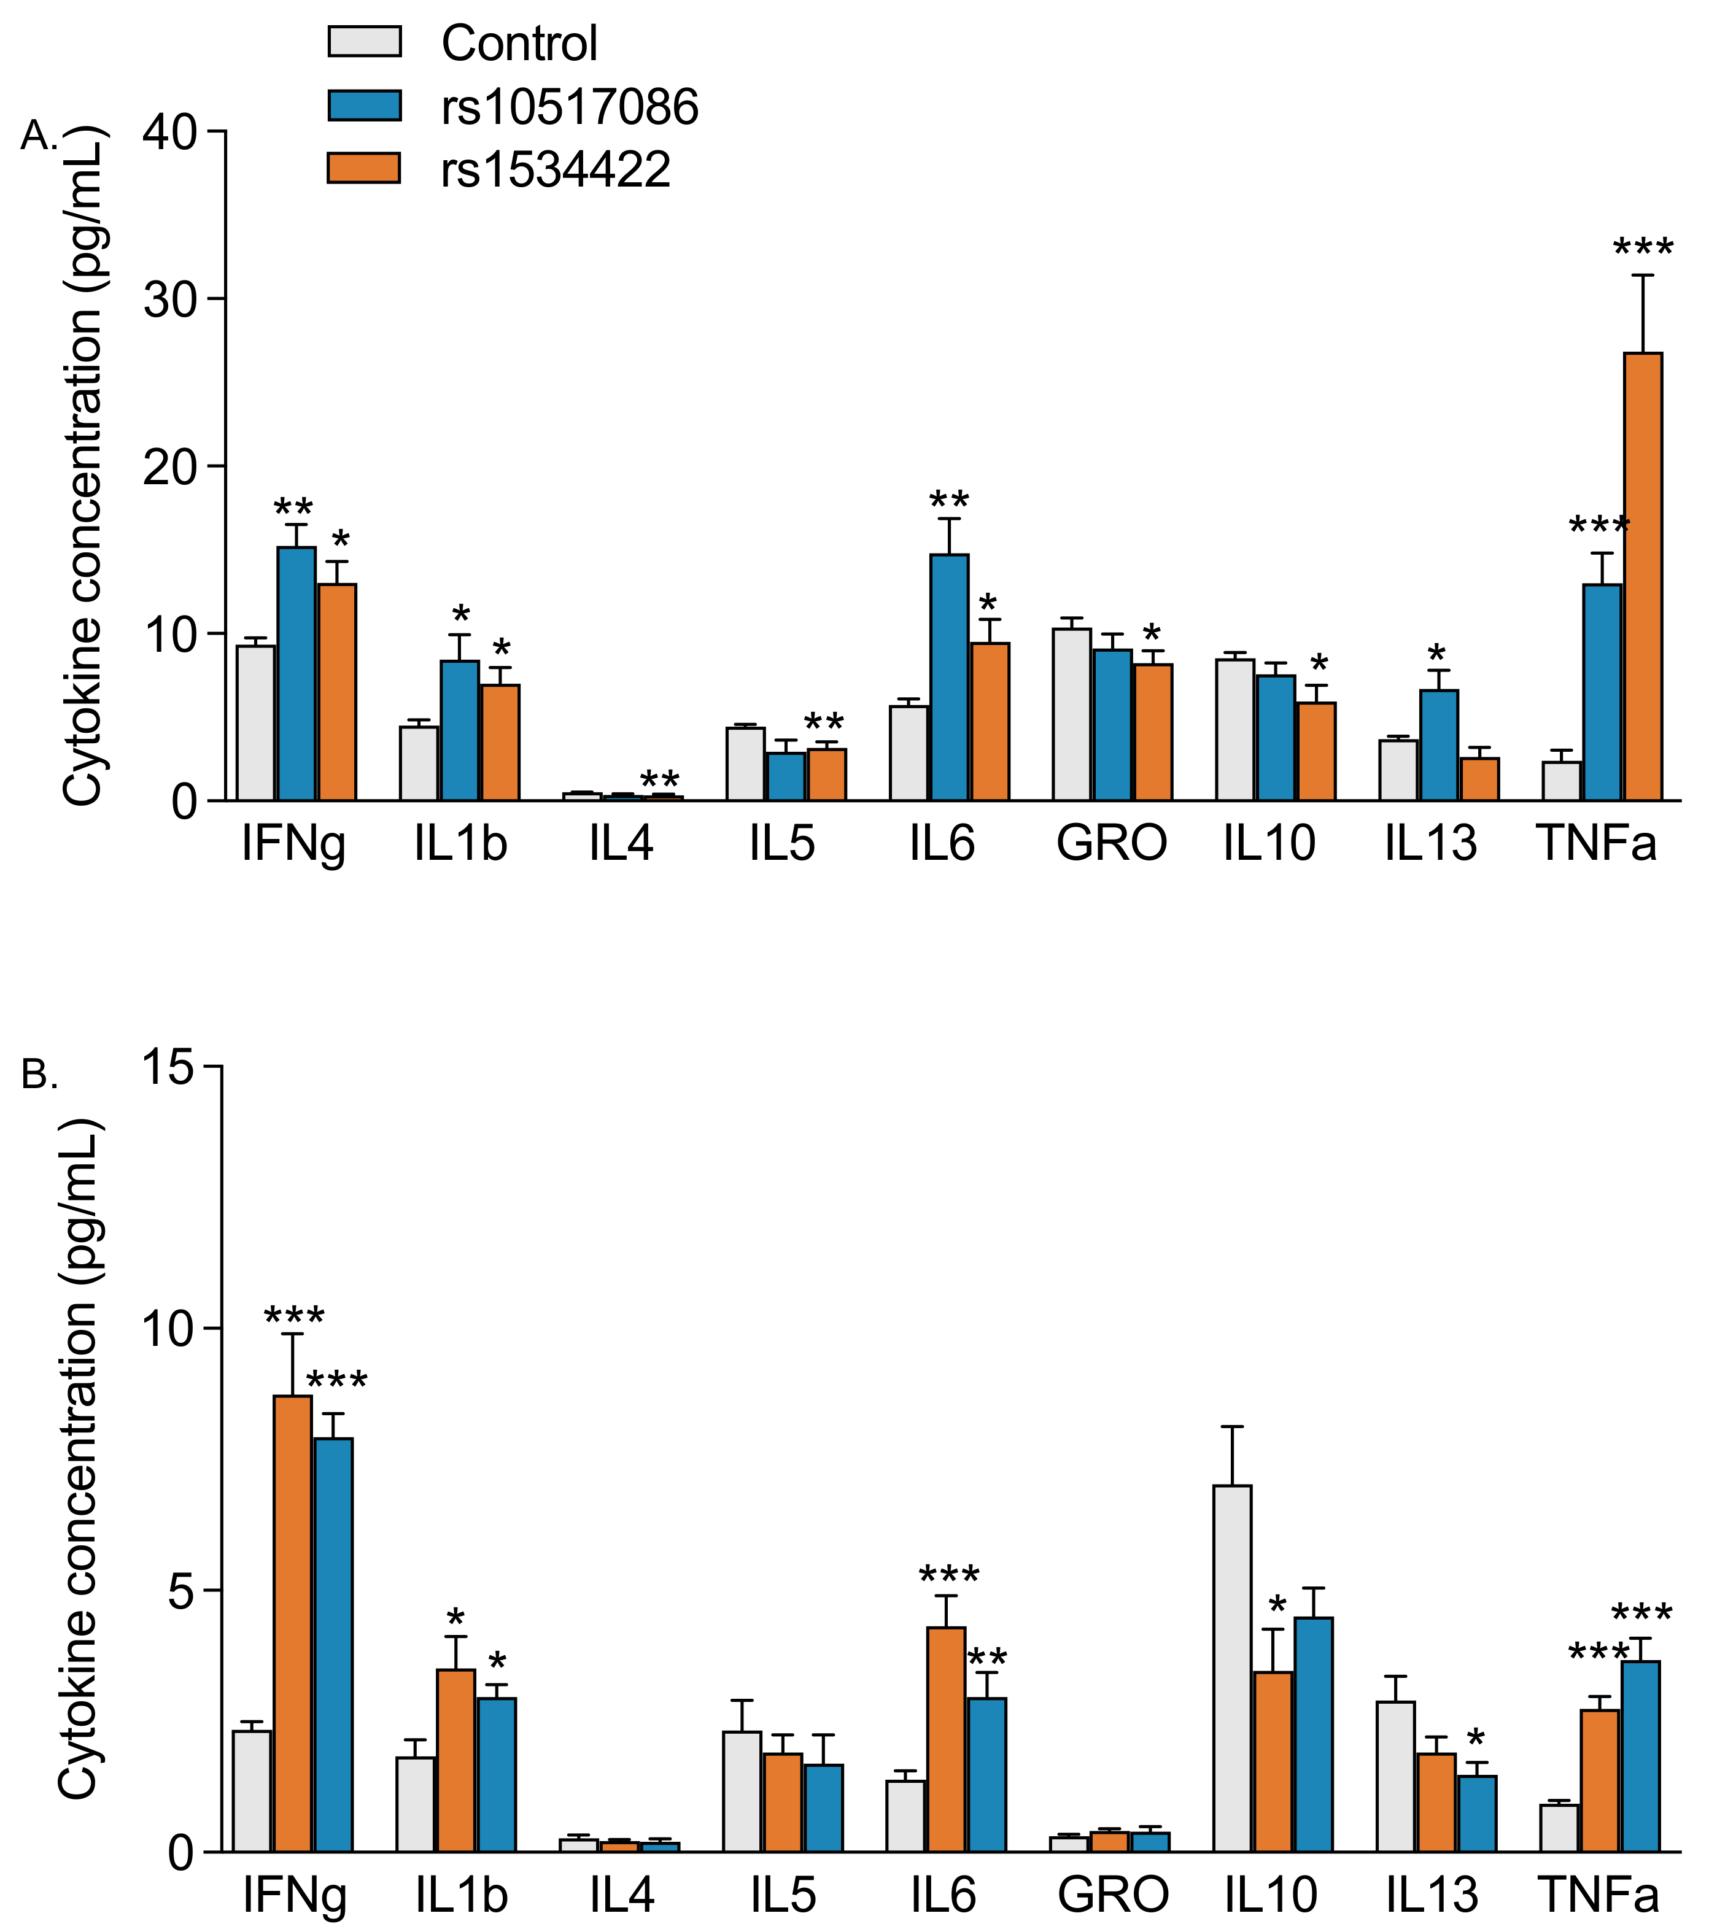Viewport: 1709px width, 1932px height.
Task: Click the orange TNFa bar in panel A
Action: tap(1643, 576)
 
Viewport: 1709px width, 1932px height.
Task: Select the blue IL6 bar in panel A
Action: tap(949, 677)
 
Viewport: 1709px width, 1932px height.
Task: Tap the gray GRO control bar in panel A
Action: tap(1071, 714)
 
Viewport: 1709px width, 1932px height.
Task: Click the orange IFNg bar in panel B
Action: tap(292, 1623)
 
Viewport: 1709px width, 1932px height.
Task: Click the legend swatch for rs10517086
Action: tap(364, 105)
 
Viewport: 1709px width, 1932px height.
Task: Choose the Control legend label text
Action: tap(519, 44)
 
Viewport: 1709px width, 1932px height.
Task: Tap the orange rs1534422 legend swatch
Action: tap(364, 168)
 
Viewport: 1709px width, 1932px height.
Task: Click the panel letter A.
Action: tap(39, 137)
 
